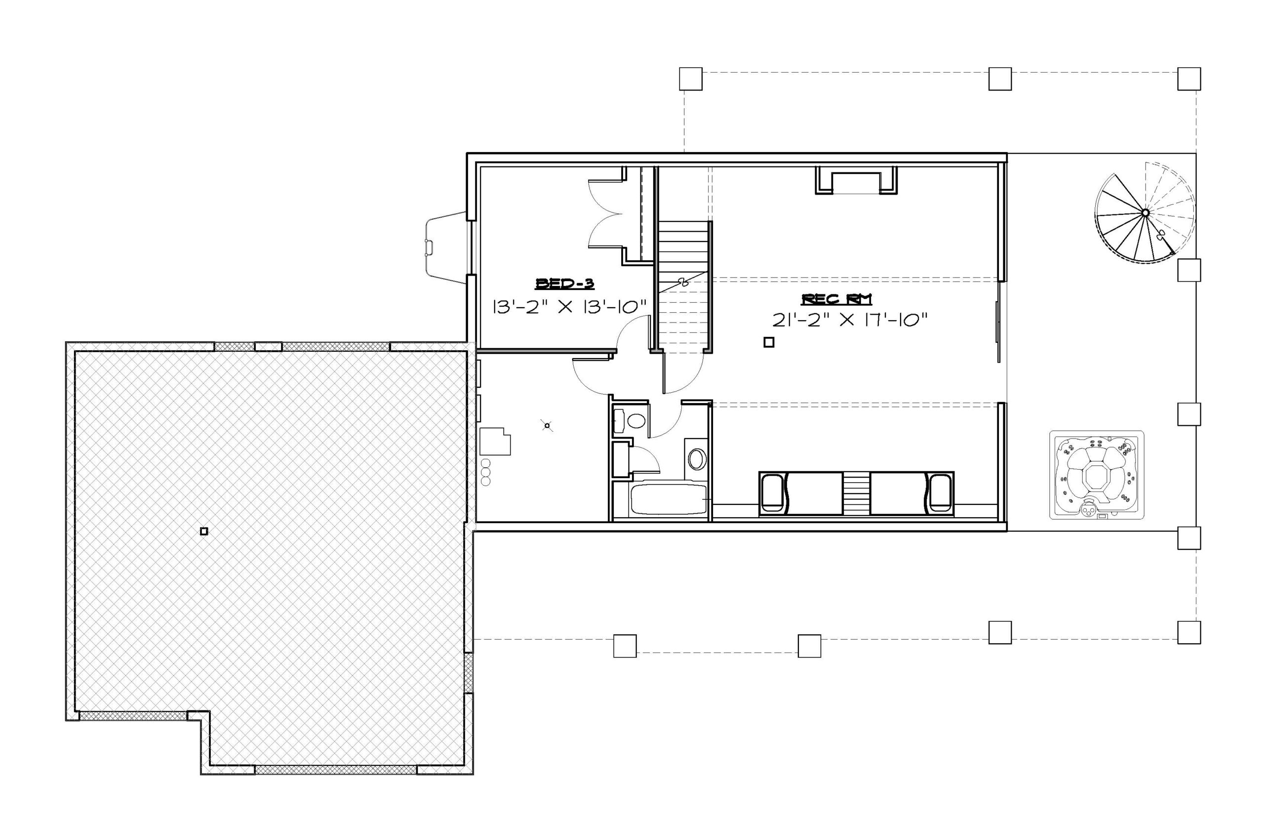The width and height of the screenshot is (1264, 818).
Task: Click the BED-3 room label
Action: point(565,284)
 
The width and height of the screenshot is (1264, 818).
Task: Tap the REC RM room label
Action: point(836,299)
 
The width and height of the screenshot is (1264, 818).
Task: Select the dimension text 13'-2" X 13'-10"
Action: point(570,307)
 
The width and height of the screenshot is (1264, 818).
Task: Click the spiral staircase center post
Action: point(1145,213)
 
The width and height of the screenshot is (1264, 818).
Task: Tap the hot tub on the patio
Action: point(1097,474)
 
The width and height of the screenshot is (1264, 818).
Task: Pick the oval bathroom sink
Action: point(697,459)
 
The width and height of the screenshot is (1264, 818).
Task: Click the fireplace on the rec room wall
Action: point(856,181)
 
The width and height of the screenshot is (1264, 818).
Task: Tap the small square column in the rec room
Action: point(769,343)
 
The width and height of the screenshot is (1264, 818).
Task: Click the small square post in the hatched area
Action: point(204,531)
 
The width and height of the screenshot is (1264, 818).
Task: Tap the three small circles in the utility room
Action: point(485,472)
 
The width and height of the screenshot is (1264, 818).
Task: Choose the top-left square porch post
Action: point(691,79)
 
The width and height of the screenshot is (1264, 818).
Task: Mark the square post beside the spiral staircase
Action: point(1189,270)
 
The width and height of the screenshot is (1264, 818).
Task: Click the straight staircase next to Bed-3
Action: point(684,287)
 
